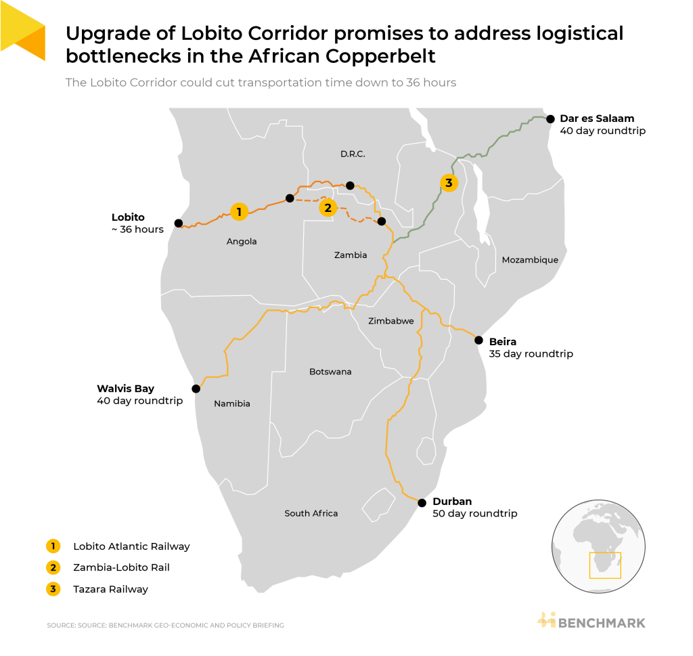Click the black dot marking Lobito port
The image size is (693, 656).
178,223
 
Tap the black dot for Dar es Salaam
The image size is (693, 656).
550,117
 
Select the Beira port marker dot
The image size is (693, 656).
478,340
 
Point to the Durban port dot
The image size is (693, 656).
422,502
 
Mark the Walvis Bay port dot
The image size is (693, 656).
196,389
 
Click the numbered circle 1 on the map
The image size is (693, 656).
238,211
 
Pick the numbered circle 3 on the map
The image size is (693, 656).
448,182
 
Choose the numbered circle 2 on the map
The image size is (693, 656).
328,208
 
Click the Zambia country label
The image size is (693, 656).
351,255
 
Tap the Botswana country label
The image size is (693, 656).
330,372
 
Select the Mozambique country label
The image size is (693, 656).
530,260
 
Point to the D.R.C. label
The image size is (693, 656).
353,154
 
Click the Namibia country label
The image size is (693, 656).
232,403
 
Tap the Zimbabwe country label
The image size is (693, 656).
390,321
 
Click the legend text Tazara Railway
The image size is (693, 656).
110,589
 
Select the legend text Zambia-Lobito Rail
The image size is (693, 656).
121,567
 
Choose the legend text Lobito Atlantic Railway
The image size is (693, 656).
131,546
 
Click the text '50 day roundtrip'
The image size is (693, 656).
474,514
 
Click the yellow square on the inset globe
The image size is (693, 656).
605,565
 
